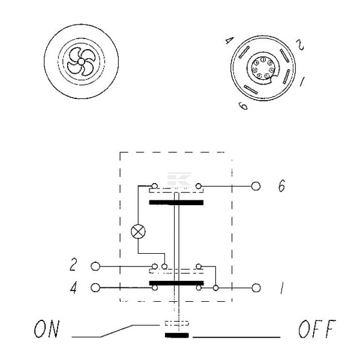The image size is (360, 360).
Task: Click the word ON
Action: pyautogui.click(x=47, y=329)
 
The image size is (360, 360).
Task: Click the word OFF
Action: pyautogui.click(x=317, y=329)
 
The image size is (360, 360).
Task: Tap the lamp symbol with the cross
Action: pyautogui.click(x=138, y=232)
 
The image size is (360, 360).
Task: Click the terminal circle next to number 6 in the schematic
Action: pyautogui.click(x=256, y=186)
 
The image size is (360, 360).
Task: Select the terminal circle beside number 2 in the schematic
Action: pyautogui.click(x=95, y=266)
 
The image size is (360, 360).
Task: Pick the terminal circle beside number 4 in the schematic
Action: pyautogui.click(x=95, y=287)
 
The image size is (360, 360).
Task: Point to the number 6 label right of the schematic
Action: pyautogui.click(x=282, y=185)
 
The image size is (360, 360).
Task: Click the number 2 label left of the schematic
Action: pyautogui.click(x=73, y=265)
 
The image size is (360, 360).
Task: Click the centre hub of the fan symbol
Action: pyautogui.click(x=81, y=62)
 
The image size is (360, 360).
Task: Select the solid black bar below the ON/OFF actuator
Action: pyautogui.click(x=177, y=335)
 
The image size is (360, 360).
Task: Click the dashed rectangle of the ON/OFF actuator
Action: pyautogui.click(x=177, y=323)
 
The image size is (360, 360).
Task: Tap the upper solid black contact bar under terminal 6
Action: pyautogui.click(x=176, y=203)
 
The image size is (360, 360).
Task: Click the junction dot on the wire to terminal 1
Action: pyautogui.click(x=215, y=287)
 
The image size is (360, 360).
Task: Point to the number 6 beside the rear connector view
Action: pyautogui.click(x=244, y=106)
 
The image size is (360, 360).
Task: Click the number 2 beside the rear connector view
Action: pyautogui.click(x=300, y=44)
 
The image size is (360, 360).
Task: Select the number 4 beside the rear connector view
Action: pyautogui.click(x=229, y=41)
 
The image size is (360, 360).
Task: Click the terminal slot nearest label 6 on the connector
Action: pyautogui.click(x=251, y=89)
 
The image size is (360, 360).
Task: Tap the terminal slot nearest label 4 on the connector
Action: pyautogui.click(x=244, y=52)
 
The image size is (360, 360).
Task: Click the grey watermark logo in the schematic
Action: pyautogui.click(x=179, y=179)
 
